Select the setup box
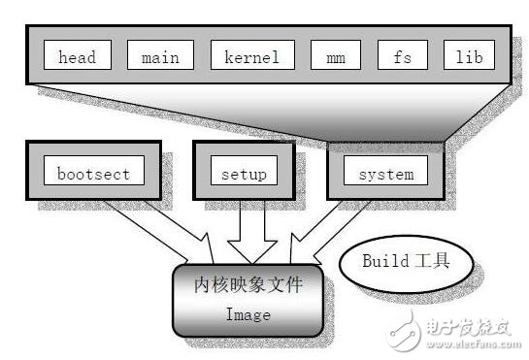(243, 174)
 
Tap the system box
(385, 174)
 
